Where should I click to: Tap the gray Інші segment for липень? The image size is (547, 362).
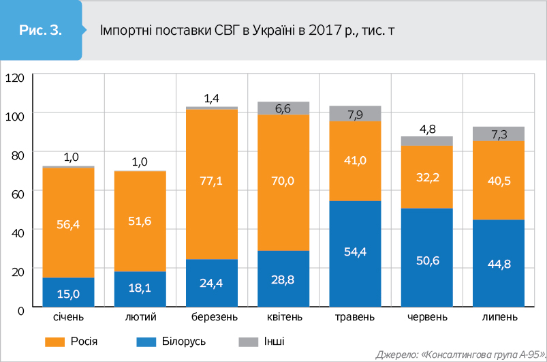tap(499, 134)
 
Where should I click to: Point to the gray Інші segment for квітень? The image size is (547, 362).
tap(283, 108)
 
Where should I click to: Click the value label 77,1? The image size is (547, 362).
tap(212, 181)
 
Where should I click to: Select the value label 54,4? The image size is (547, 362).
tap(355, 253)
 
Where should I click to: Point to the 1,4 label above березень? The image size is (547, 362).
tap(212, 99)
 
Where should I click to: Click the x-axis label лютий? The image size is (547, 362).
tap(140, 318)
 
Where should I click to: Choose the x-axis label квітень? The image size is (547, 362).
tap(283, 318)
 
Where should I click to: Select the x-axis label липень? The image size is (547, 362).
tap(499, 318)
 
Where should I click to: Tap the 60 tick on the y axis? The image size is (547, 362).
tap(16, 194)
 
